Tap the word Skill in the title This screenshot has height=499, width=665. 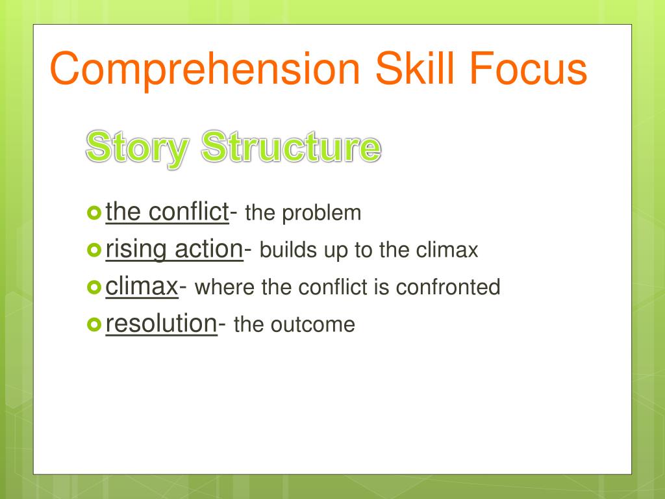point(415,68)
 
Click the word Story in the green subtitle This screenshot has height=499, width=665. point(137,149)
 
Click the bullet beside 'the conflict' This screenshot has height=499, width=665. point(94,212)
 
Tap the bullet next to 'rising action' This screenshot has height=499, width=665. point(94,250)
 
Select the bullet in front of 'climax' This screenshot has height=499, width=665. point(94,287)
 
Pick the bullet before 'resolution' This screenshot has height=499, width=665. point(94,325)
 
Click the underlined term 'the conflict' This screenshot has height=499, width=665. point(167,212)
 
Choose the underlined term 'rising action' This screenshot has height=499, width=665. point(174,249)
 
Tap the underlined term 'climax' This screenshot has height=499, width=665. point(142,287)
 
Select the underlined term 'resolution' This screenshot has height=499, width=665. point(161,324)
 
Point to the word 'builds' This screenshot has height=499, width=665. point(288,250)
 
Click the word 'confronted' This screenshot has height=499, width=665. point(448,287)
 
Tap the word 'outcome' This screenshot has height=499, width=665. point(312,326)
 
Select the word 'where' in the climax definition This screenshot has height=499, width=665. point(225,287)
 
